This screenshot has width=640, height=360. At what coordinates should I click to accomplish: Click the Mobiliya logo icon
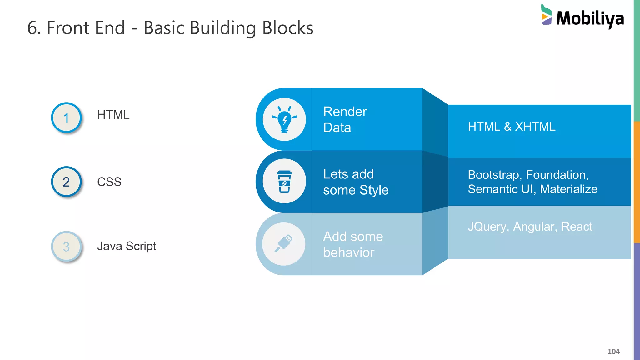(x=546, y=15)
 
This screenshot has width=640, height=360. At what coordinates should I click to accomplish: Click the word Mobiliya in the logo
(x=590, y=19)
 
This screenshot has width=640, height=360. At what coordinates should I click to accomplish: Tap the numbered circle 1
(x=66, y=118)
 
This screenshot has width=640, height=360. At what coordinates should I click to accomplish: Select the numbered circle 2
(x=66, y=182)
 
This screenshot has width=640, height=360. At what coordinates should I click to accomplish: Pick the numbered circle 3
(x=66, y=247)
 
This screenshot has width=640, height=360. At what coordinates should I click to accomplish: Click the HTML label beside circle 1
(x=113, y=115)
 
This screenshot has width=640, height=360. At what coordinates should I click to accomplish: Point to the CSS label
(x=109, y=182)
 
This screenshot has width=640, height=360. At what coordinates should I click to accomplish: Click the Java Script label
(x=127, y=246)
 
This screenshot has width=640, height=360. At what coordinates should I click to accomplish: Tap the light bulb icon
(x=284, y=119)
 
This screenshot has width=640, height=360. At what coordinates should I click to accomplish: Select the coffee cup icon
(x=284, y=182)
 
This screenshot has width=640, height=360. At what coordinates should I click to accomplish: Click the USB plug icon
(x=284, y=244)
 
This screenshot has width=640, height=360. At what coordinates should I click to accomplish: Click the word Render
(x=345, y=112)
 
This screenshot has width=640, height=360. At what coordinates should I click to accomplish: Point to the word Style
(x=374, y=190)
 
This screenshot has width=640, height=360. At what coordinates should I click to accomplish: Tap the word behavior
(x=348, y=252)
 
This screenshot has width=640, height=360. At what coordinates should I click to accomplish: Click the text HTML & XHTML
(x=512, y=127)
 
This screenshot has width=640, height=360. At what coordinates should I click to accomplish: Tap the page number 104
(x=613, y=352)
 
